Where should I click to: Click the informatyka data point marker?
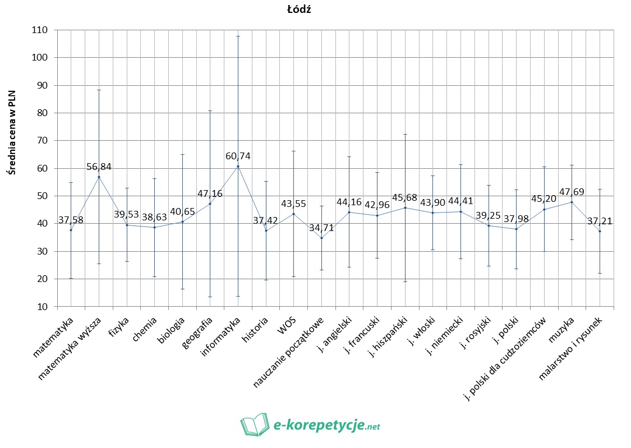click(x=238, y=166)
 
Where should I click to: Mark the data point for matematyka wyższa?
click(x=99, y=177)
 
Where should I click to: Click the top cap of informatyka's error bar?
click(x=238, y=36)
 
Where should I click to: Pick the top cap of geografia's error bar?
click(x=210, y=110)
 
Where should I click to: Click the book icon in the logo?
click(x=255, y=424)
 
